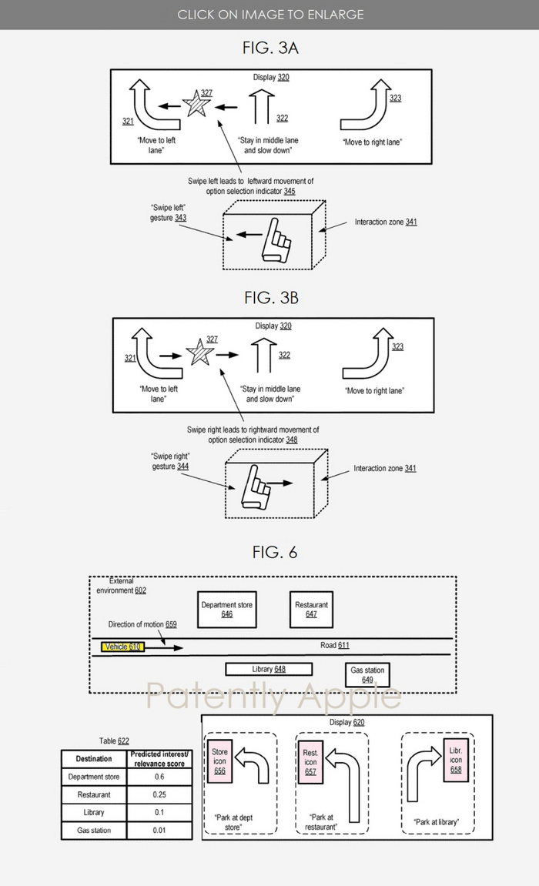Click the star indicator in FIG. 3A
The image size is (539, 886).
[x=196, y=103]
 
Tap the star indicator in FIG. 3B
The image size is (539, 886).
[x=199, y=352]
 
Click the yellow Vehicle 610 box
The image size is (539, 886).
[x=122, y=647]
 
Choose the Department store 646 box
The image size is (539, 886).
[x=227, y=610]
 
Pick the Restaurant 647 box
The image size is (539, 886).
[x=311, y=610]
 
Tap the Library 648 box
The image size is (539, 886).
[x=269, y=670]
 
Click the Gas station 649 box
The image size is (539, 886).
[x=367, y=674]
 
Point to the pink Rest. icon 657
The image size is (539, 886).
[x=311, y=762]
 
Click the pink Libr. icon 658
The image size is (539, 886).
[x=456, y=760]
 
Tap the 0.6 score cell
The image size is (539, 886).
[x=159, y=777]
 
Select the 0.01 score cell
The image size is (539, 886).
[x=159, y=830]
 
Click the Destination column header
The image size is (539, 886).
[x=94, y=759]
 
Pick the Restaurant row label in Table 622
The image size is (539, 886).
[x=94, y=794]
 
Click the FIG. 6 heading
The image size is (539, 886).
[x=275, y=552]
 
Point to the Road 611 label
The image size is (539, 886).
[x=335, y=645]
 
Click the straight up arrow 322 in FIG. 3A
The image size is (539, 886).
[x=262, y=107]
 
